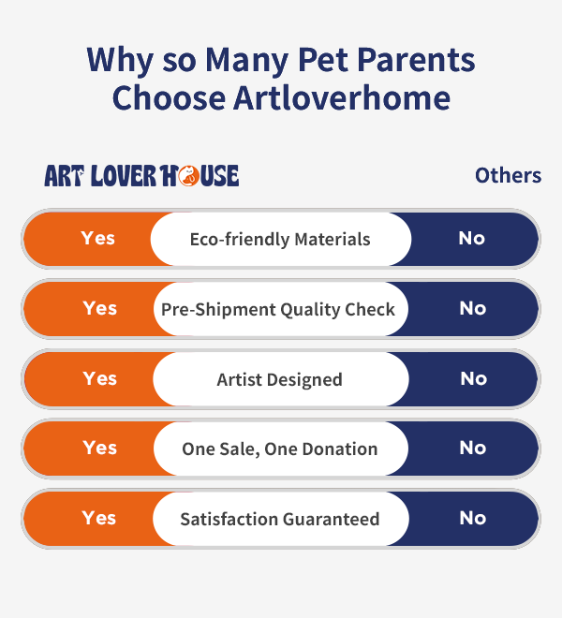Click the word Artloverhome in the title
342,97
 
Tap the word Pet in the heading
323,60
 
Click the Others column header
508,175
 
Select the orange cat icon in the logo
188,176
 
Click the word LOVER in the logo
124,176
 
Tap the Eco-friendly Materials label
280,239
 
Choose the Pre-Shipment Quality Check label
278,310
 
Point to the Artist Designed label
280,380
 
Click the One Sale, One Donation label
280,449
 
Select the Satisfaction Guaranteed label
280,519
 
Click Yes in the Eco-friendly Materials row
97,239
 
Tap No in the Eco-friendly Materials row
472,239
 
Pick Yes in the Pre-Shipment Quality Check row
100,308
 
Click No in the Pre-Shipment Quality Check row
473,308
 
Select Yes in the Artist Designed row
100,378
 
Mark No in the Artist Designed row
474,379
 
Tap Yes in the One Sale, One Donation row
100,449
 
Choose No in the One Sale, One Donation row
473,449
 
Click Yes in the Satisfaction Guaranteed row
99,518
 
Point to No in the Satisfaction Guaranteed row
473,518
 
